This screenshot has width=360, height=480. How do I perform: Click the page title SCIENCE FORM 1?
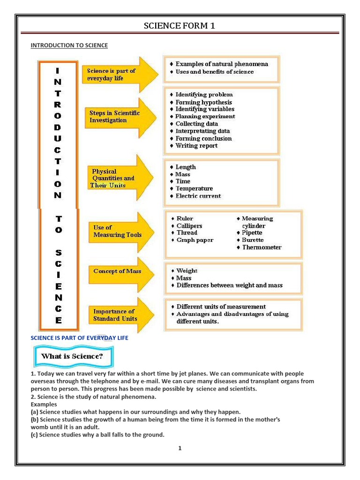180,26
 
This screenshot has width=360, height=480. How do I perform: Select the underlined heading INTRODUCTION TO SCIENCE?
69,45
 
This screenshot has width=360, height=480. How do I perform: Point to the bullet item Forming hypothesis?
203,102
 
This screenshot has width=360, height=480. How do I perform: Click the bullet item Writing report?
196,146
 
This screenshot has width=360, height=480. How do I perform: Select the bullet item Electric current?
198,196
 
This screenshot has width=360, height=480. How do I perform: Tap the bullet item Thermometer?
262,247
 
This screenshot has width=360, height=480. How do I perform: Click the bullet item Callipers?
189,226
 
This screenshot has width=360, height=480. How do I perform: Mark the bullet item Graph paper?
195,240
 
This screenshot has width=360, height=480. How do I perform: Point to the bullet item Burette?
253,240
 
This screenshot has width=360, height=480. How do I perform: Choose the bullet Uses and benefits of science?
214,72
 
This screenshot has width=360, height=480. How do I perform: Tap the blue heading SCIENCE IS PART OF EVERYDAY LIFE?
79,338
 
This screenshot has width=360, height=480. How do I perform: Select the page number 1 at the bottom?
180,448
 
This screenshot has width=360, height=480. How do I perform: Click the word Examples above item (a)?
44,404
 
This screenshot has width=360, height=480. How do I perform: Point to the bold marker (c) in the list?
34,435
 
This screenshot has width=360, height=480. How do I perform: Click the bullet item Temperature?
194,188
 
